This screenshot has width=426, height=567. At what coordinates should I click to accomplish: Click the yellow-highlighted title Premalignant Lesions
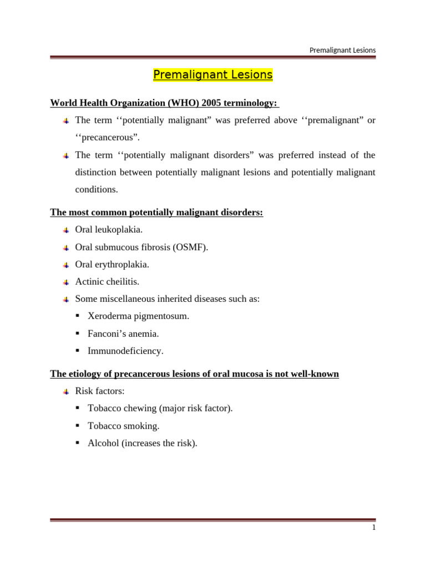tap(212, 75)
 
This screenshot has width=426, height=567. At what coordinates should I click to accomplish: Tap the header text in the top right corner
tap(342, 50)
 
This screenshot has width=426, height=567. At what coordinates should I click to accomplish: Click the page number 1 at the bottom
tap(374, 528)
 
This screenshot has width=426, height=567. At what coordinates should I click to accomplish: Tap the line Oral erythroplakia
tap(112, 264)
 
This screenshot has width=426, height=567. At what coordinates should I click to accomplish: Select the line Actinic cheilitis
tap(107, 281)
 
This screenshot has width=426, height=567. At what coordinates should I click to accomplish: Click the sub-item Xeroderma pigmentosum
tap(138, 316)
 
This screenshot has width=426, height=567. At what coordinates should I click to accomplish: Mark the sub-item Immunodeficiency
tap(125, 351)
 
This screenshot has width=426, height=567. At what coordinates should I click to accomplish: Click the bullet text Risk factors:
tap(100, 391)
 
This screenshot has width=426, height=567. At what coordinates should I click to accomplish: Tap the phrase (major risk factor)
tap(196, 409)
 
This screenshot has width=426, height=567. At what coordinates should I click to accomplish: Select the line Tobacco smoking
tap(123, 426)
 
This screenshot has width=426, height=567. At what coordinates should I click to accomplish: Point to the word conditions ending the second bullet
tap(97, 189)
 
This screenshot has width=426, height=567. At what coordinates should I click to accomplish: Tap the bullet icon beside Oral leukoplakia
tap(66, 230)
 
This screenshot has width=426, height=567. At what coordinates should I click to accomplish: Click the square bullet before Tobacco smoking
tap(78, 426)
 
